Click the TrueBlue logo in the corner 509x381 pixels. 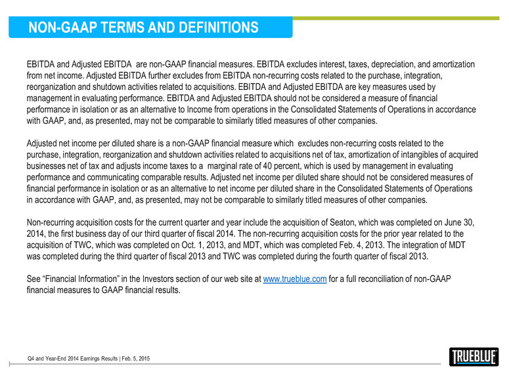tap(474, 356)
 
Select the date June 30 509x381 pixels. tap(466, 223)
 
